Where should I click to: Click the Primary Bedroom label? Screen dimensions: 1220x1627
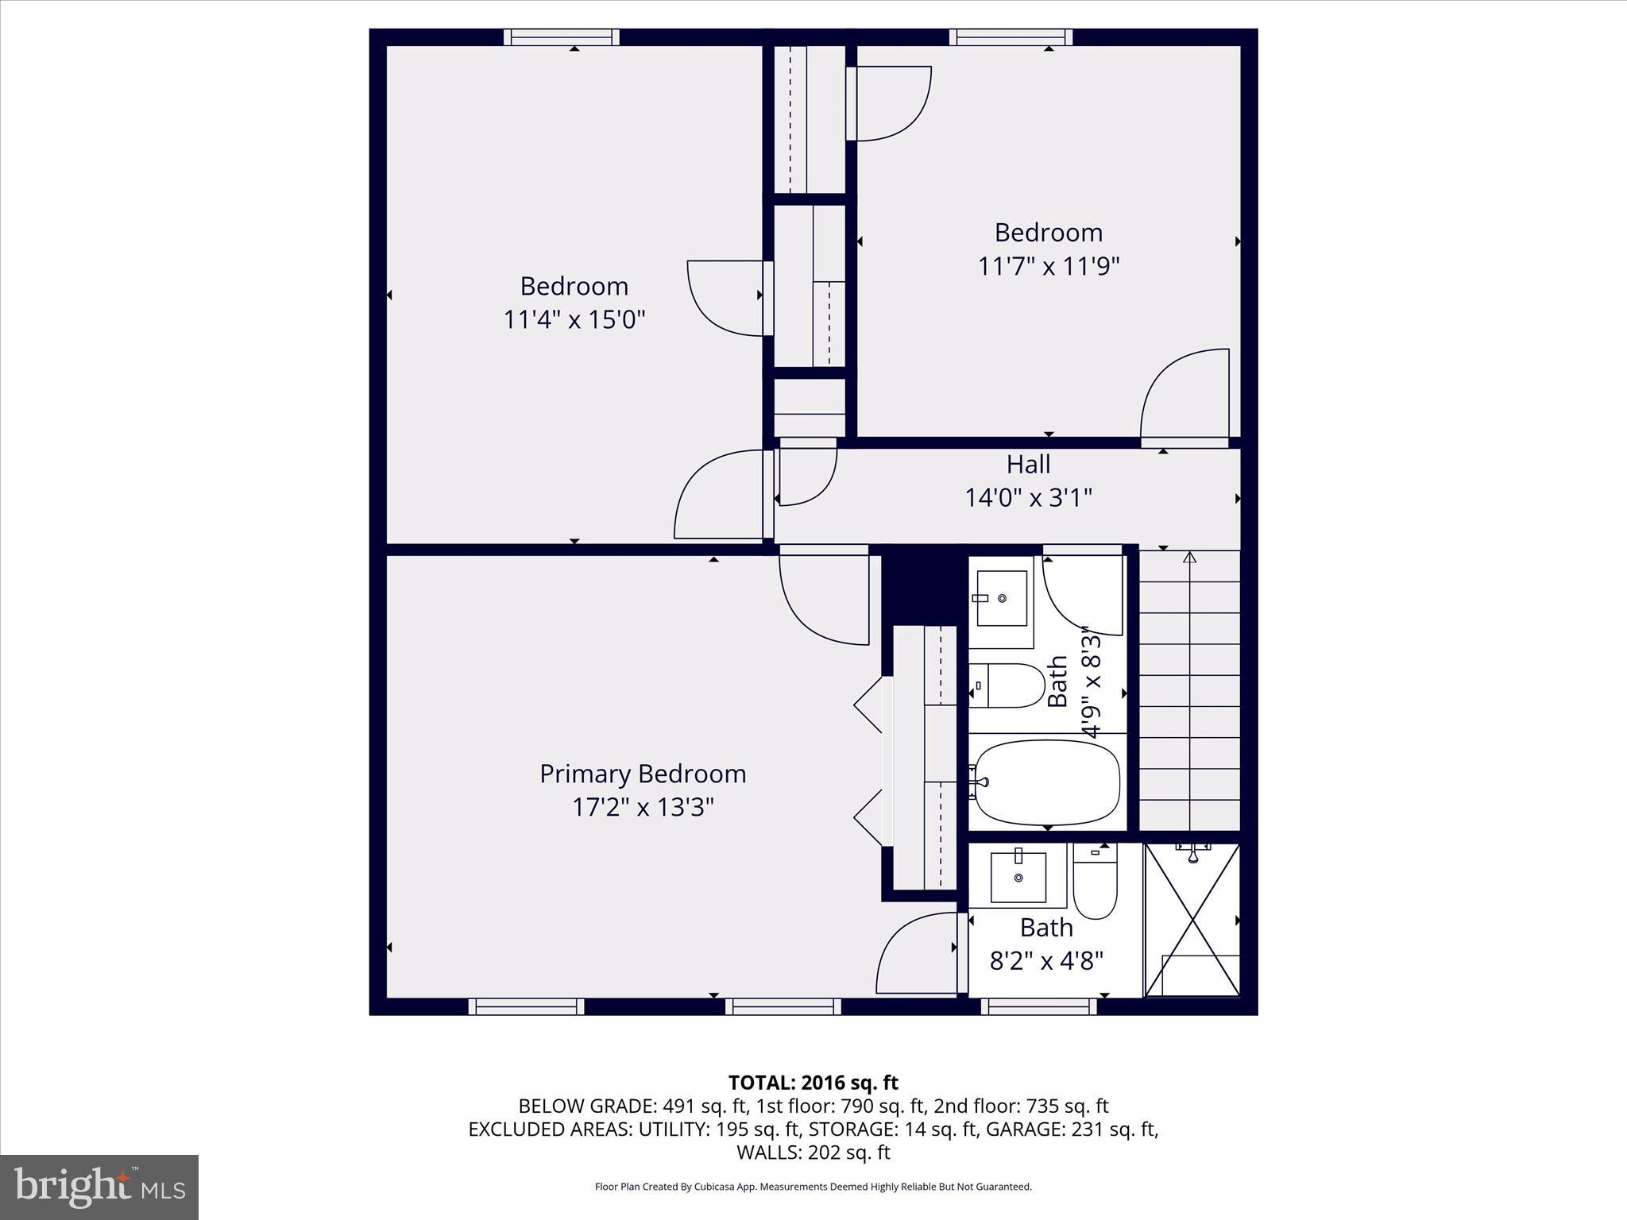click(x=643, y=774)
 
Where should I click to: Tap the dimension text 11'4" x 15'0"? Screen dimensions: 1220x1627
click(x=574, y=319)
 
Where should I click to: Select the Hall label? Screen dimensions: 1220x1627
click(x=1028, y=464)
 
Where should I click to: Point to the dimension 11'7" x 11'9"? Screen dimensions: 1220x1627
click(x=1048, y=266)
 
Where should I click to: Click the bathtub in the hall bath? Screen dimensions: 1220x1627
click(x=1047, y=782)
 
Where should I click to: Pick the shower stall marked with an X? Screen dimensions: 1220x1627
click(x=1192, y=920)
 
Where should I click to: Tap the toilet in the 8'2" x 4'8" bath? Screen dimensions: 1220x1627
click(x=1095, y=882)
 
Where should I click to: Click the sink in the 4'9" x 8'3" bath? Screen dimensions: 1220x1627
click(x=1002, y=598)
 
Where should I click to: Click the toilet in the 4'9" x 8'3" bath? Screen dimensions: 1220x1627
click(x=1007, y=685)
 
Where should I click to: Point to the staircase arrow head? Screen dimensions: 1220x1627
click(x=1189, y=558)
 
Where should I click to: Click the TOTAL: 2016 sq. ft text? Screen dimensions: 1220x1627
click(x=813, y=1083)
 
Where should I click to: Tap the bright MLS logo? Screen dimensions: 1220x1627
click(x=99, y=1187)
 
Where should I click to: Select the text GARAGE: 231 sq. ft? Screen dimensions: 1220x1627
click(x=1072, y=1129)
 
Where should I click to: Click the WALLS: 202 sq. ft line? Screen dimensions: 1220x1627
click(x=813, y=1152)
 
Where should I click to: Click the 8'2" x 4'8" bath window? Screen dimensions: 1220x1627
click(x=1038, y=1006)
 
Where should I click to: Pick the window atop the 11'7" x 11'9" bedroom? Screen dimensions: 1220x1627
click(x=1011, y=37)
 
